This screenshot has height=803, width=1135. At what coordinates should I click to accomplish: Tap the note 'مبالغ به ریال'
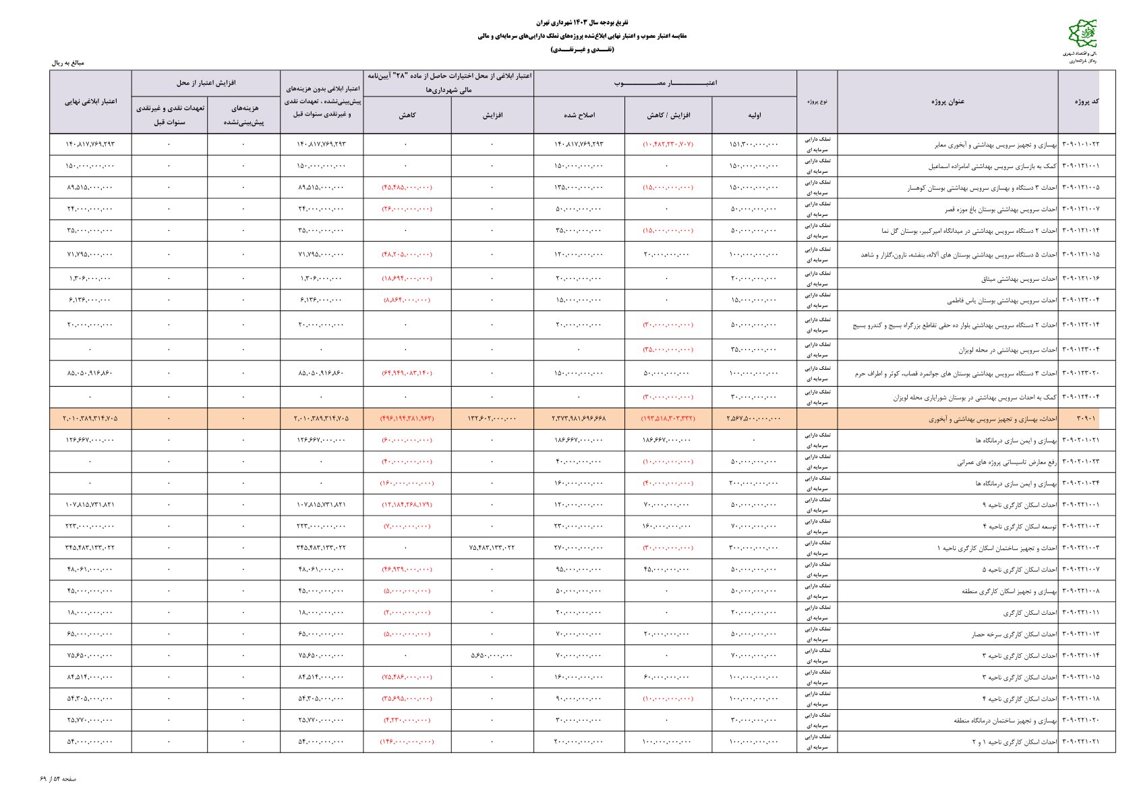pos(68,63)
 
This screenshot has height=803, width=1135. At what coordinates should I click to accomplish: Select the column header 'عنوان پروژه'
pos(948,102)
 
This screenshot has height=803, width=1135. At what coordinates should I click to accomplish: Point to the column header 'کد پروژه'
pos(1086,102)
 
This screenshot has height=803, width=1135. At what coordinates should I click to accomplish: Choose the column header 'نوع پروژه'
pos(817,102)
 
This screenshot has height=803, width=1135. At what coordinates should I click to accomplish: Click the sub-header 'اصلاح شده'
pos(579,115)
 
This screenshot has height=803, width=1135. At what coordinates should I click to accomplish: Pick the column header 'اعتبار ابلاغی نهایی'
pos(90,102)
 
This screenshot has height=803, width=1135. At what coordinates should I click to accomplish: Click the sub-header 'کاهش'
pos(407,115)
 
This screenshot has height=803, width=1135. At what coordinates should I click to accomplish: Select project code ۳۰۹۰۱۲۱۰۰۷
pos(1080,209)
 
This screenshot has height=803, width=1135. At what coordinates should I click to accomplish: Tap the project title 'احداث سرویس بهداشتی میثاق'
pos(1010,279)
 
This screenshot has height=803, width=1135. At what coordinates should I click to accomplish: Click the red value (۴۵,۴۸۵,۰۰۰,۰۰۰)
pos(407,188)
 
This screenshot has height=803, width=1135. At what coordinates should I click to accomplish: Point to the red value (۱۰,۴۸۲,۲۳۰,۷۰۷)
pos(668,144)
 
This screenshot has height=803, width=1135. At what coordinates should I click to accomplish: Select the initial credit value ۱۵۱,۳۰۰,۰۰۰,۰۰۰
pos(753,144)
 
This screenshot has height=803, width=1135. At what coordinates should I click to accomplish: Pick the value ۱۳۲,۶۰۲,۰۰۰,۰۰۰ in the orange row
pos(492,419)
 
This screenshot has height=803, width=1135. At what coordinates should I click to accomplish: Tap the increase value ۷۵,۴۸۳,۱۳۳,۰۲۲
pos(492,548)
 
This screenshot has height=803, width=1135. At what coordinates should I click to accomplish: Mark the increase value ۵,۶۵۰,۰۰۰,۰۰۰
pos(492,656)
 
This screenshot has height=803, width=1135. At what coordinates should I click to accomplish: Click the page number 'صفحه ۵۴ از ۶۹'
pos(58,779)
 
